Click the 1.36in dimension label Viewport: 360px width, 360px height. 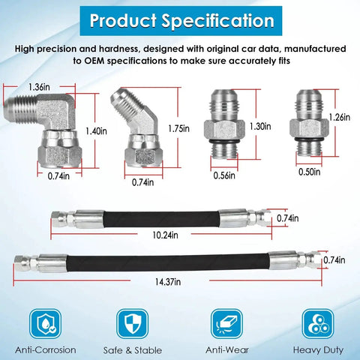coord(39,87)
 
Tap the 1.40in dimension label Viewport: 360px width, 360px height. coord(96,131)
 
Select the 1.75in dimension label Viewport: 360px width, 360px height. coord(178,128)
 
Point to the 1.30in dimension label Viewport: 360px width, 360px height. coord(260,126)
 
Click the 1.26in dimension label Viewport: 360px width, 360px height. coord(340,117)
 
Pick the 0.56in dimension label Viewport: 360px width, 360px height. coord(224,175)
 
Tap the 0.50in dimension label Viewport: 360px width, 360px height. coord(310,172)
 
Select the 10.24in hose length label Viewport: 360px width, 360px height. coord(165,235)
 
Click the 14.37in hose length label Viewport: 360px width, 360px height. coord(168,282)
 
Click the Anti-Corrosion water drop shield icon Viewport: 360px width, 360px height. coord(46,324)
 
